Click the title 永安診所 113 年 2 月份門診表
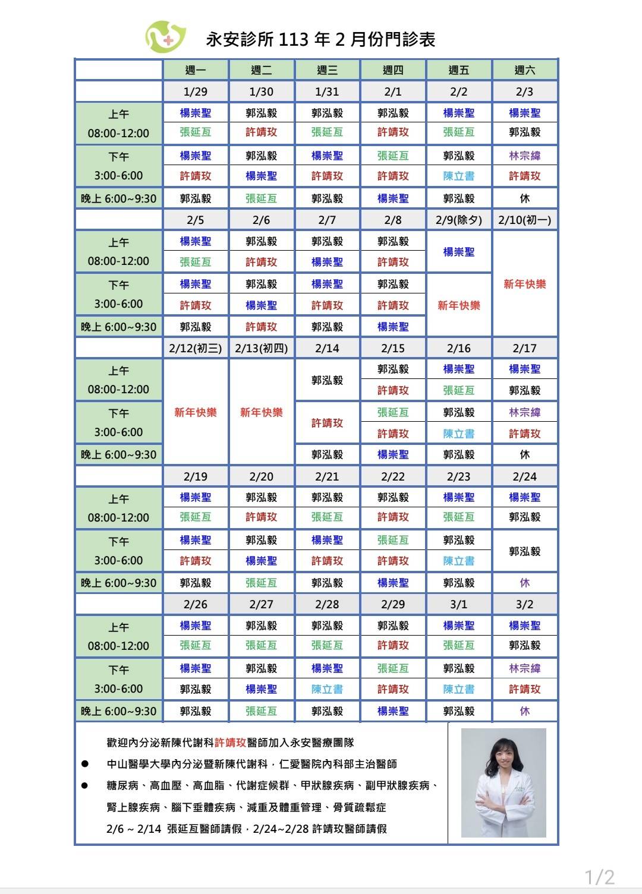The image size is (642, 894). tap(320, 40)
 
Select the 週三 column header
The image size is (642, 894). tap(327, 70)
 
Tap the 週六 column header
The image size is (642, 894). tap(525, 70)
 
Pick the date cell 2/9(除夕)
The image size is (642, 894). tap(459, 220)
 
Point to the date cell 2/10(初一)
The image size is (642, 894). tap(525, 220)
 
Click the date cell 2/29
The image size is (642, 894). tap(393, 604)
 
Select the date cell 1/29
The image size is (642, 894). tap(196, 91)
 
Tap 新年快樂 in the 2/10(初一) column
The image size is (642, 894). tap(525, 284)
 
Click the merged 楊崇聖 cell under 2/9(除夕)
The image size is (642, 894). tap(459, 252)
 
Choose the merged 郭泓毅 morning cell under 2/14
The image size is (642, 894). tap(327, 380)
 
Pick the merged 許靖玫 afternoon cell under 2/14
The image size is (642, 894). tap(327, 423)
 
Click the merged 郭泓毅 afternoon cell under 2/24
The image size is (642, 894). tap(525, 551)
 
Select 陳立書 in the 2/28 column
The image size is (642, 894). tap(327, 689)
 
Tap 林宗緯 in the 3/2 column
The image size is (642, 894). tap(525, 668)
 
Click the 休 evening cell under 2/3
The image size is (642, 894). tap(525, 198)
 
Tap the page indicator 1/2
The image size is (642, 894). tap(599, 877)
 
